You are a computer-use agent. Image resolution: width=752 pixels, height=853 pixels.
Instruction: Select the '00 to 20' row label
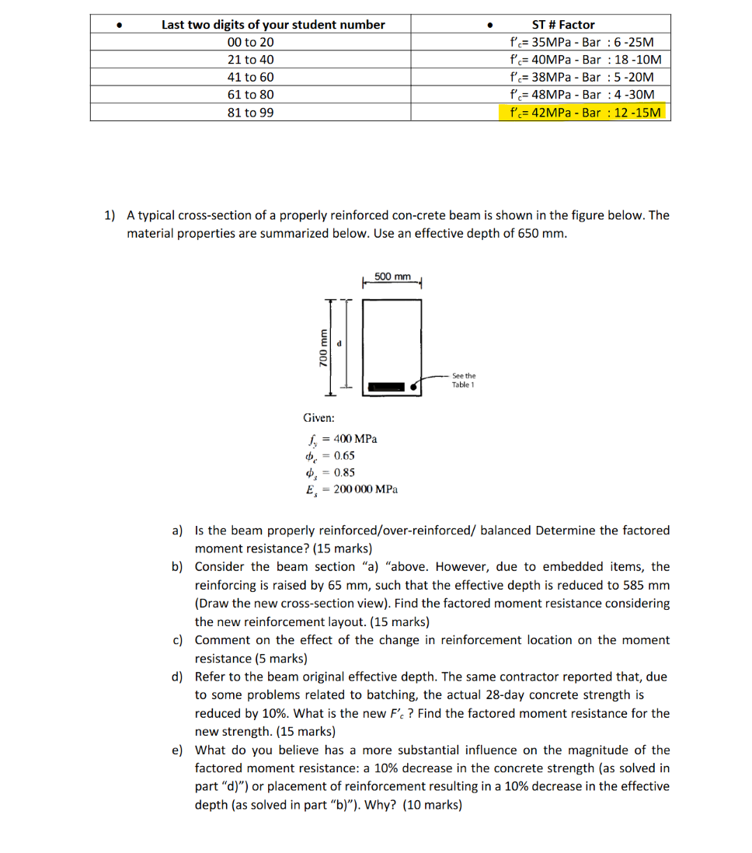point(250,42)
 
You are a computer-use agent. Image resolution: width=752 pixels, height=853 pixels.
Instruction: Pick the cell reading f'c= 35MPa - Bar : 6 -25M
point(582,42)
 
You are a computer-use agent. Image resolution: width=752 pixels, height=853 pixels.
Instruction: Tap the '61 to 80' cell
point(250,95)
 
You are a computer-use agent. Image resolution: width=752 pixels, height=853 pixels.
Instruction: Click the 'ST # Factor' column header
point(563,25)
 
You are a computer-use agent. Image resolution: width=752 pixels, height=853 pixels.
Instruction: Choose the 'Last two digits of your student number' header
point(273,25)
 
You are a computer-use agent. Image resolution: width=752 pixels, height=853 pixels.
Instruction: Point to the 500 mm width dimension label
point(392,277)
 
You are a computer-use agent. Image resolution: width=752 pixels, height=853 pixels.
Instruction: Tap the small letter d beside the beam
point(339,342)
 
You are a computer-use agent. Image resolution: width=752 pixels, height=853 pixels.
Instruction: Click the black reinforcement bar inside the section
point(387,386)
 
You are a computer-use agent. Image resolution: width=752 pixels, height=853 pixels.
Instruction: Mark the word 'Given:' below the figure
point(319,418)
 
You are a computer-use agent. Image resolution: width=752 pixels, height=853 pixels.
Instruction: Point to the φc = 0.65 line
point(331,456)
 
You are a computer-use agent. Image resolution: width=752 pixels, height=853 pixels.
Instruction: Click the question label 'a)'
point(177,531)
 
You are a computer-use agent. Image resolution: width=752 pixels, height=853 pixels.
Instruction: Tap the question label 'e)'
point(177,750)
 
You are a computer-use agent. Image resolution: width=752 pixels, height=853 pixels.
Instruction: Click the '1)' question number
point(110,215)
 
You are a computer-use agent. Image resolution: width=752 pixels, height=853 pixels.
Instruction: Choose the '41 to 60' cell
point(250,78)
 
